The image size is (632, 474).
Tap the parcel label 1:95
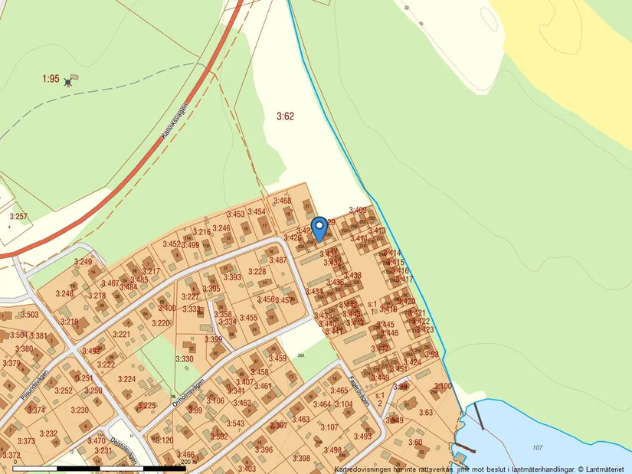pos(51,79)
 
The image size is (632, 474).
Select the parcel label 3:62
pos(285,116)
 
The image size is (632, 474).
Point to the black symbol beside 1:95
pos(70,80)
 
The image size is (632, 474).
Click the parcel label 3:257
pos(18,217)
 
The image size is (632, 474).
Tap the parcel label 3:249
pos(83,262)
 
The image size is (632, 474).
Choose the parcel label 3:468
pos(282,201)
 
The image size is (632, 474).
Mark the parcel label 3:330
pos(185,358)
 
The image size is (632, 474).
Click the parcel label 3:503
pos(29,315)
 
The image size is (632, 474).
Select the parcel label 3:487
pos(277,260)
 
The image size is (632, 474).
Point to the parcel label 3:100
pos(443,386)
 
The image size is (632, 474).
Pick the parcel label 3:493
pos(362,436)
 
